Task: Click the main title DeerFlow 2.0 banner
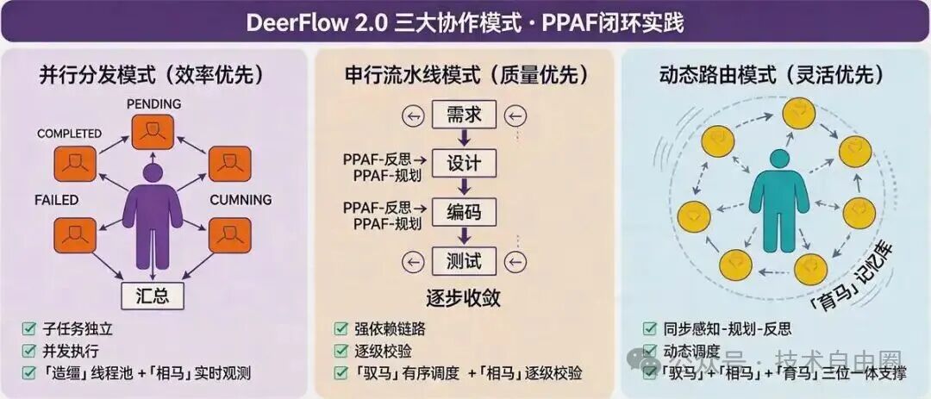click(x=465, y=22)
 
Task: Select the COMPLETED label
click(x=69, y=134)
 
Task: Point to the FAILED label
click(x=57, y=200)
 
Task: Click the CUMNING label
click(x=241, y=200)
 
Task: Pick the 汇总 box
click(x=156, y=296)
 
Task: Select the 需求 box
click(x=465, y=115)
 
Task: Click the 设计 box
click(x=465, y=163)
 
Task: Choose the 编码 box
click(x=465, y=212)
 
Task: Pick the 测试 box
click(x=465, y=260)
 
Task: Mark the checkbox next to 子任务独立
click(x=29, y=328)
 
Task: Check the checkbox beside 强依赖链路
click(x=341, y=328)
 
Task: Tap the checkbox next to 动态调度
click(x=649, y=351)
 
